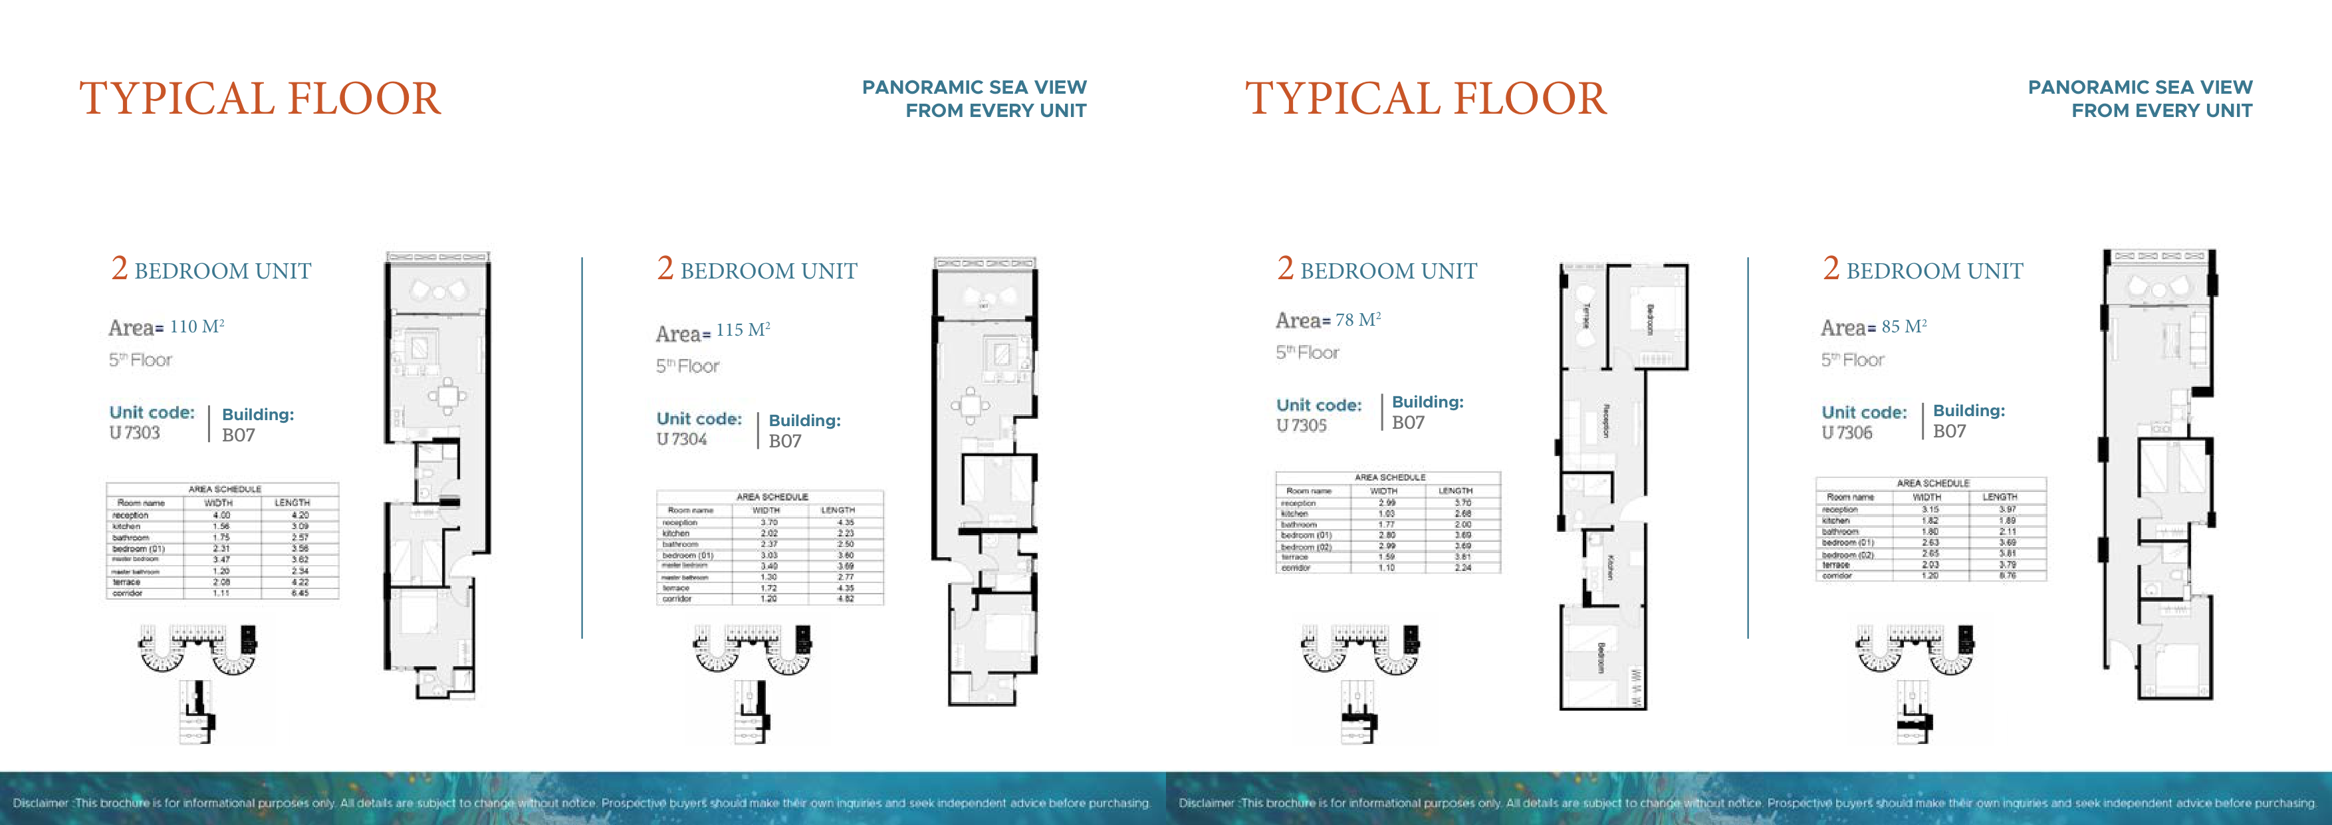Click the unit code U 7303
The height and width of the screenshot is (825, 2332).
pos(135,433)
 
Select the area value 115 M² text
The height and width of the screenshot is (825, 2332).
pos(743,330)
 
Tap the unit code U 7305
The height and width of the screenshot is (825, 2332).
pos(1301,425)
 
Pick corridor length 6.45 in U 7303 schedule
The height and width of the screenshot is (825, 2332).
pos(300,593)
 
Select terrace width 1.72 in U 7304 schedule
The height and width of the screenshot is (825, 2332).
pos(768,588)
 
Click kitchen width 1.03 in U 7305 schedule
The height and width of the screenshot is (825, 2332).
pos(1386,513)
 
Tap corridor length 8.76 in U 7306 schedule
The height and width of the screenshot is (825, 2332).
pos(2007,575)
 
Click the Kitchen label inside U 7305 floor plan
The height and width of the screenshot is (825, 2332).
pos(1609,568)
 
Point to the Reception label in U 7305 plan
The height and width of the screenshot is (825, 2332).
pos(1605,421)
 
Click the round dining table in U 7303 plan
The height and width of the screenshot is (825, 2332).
pos(447,395)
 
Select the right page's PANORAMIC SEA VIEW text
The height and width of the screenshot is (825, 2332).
pos(2139,88)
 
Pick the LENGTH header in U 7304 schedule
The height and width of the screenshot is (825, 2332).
pos(838,511)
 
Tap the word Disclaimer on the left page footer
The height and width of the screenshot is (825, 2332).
pos(41,803)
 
